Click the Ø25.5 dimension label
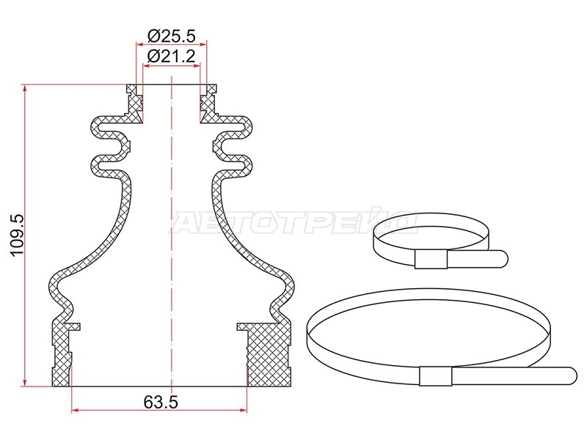(x=172, y=36)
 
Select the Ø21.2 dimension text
(x=172, y=56)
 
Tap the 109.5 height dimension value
(x=17, y=235)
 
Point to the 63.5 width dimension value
(x=161, y=402)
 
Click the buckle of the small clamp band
(x=431, y=260)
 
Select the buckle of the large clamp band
(x=435, y=375)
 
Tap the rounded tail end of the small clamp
(x=503, y=259)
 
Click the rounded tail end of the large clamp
(x=570, y=375)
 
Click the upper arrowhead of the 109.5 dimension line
(x=25, y=88)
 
